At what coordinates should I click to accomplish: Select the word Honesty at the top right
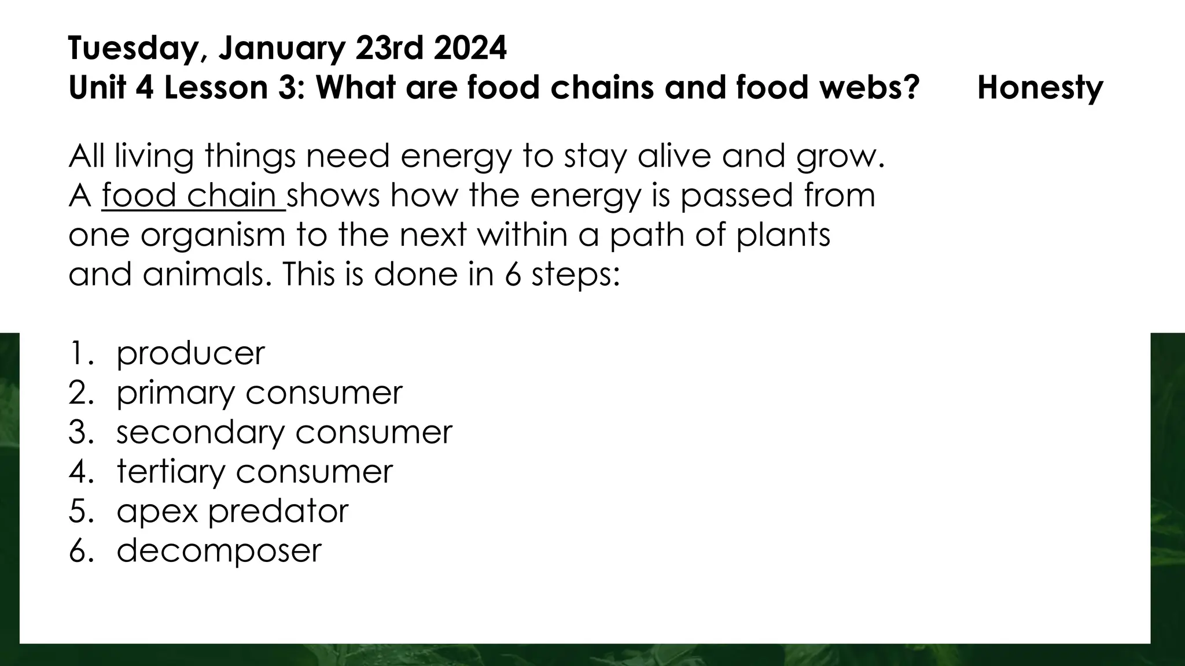coord(1040,88)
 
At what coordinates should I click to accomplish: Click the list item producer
coord(190,354)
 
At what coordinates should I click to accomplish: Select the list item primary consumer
coord(259,393)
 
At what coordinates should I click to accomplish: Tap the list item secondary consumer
coord(284,432)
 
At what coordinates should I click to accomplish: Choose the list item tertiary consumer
coord(255,472)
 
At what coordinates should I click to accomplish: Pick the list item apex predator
coord(233,511)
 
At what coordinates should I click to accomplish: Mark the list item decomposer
coord(219,550)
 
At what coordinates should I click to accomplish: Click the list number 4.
coord(79,472)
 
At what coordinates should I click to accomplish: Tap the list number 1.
coord(78,354)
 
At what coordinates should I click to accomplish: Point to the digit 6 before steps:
coord(513,274)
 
